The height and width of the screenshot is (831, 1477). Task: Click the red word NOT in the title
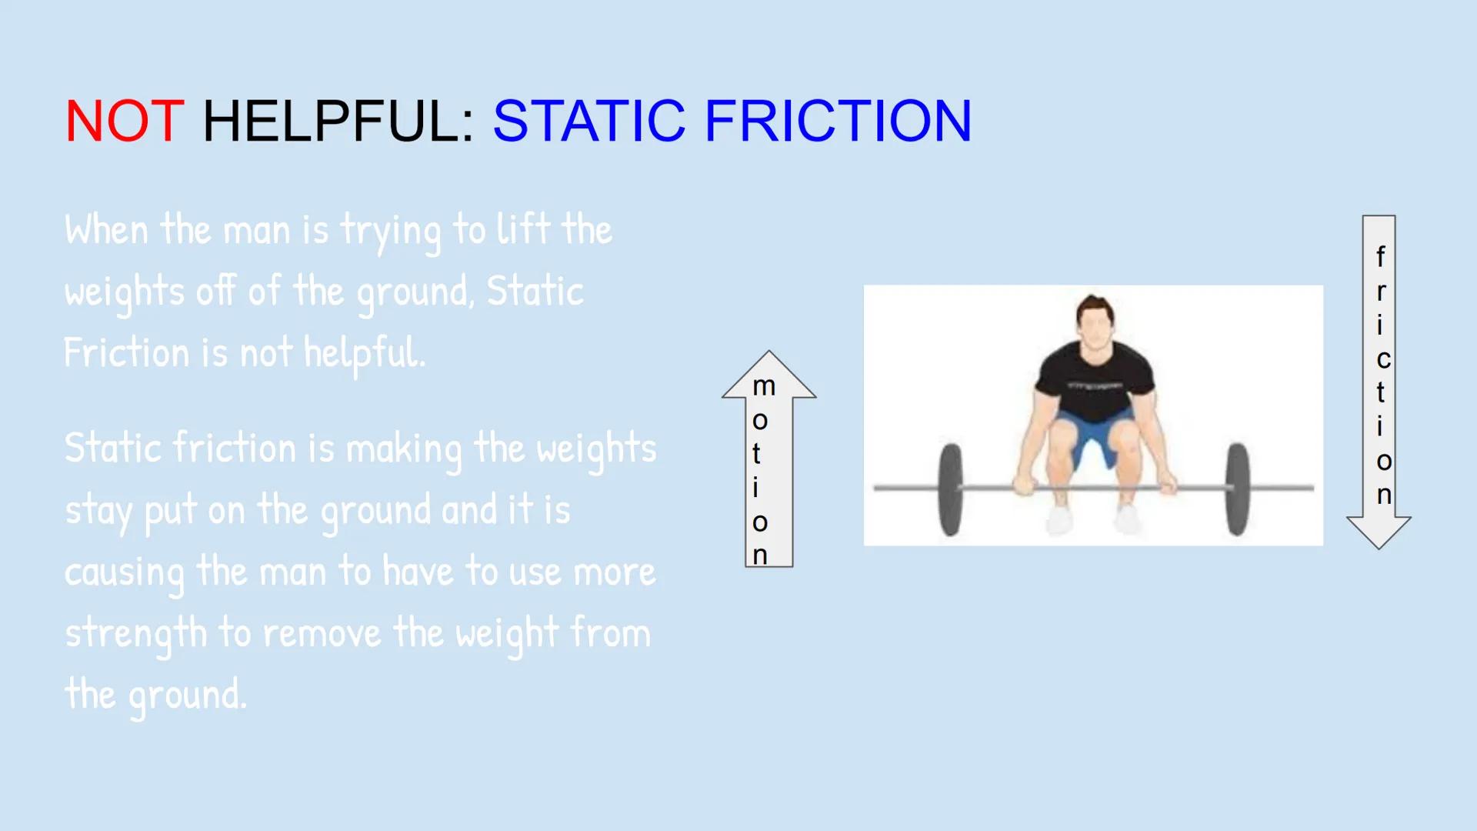click(124, 122)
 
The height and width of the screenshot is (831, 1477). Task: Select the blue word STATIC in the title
click(588, 122)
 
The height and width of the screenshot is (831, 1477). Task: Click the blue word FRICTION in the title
click(838, 122)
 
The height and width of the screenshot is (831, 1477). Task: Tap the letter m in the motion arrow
click(764, 386)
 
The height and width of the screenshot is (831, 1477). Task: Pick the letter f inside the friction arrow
click(1381, 256)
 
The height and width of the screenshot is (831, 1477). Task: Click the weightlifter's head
click(1095, 323)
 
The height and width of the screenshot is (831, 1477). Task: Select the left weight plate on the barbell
click(951, 489)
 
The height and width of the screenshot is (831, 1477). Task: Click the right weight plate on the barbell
click(1237, 489)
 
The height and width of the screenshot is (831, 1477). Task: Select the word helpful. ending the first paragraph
click(364, 353)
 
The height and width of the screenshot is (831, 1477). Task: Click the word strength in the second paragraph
click(135, 634)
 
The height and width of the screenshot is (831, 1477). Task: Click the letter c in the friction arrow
click(1383, 359)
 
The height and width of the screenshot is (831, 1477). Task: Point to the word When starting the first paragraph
click(106, 230)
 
